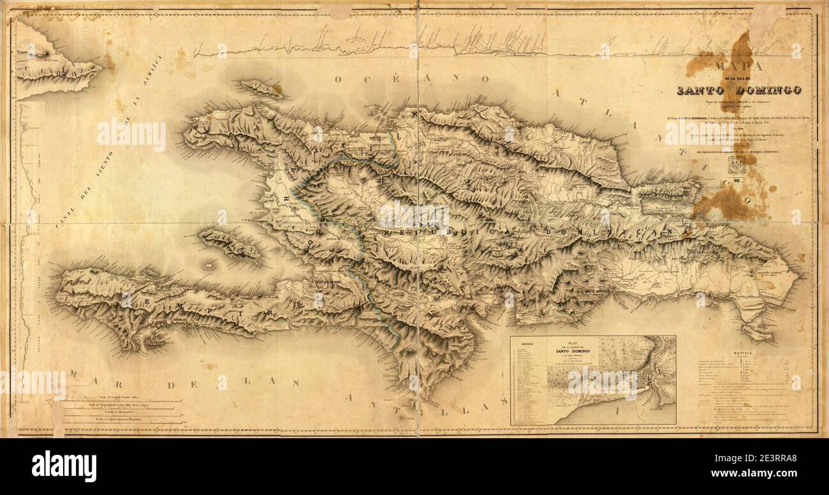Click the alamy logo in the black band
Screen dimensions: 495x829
click(64, 466)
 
